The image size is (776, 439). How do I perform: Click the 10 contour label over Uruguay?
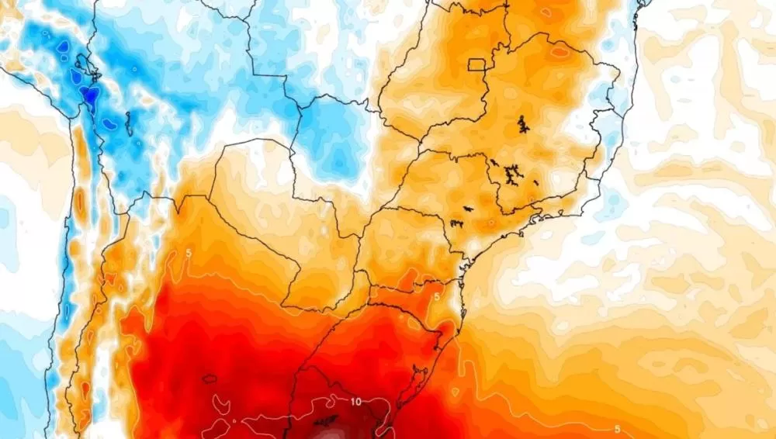click(x=355, y=402)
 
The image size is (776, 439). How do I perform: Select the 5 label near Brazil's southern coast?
click(x=437, y=297)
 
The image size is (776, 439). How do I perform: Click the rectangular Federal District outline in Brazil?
click(x=476, y=66)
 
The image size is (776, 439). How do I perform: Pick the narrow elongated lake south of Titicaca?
click(x=128, y=123)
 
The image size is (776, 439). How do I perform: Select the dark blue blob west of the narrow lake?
click(x=108, y=123)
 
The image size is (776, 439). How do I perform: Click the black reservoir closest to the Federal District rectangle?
click(x=521, y=124)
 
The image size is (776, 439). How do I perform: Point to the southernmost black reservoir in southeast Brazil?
click(x=457, y=224)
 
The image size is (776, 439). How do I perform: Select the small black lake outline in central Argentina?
click(x=210, y=379)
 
